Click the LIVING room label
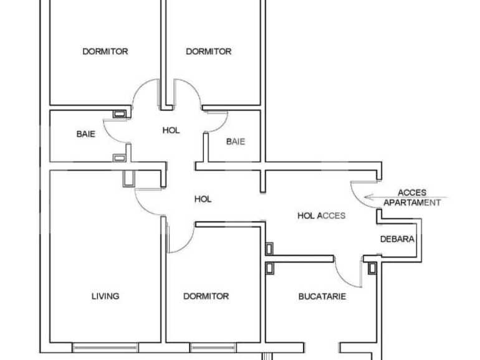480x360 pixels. [x=105, y=296]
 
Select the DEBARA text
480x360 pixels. [x=397, y=239]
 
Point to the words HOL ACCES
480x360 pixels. [x=321, y=216]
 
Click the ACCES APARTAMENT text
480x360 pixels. [x=411, y=198]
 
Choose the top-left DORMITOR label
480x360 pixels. [x=105, y=52]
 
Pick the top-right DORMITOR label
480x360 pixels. [x=208, y=52]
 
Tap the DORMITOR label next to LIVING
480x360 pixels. [x=206, y=296]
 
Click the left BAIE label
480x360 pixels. [x=86, y=134]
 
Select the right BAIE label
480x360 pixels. [x=235, y=141]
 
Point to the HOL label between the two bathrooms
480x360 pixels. [x=171, y=131]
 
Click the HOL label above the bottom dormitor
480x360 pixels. [x=203, y=199]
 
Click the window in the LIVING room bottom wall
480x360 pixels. [x=105, y=347]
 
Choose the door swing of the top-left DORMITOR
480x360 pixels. [x=145, y=93]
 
